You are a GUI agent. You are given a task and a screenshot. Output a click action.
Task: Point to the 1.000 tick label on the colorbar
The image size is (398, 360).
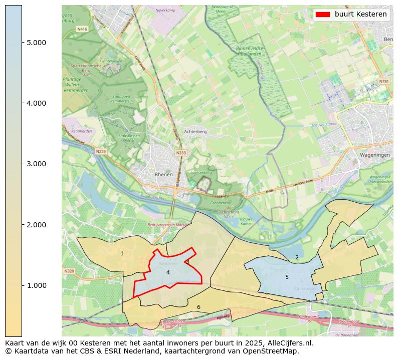(37, 285)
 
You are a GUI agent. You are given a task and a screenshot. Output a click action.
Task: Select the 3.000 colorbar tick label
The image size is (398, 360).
(37, 164)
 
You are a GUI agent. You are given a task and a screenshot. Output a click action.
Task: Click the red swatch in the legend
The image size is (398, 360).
(323, 15)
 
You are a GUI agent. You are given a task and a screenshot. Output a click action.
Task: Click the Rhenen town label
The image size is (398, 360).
(164, 174)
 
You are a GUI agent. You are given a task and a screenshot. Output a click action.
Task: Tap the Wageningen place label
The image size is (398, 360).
(375, 155)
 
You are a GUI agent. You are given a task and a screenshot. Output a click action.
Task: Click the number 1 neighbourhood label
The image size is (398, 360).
(122, 254)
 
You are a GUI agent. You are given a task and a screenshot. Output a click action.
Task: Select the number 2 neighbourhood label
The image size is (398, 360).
(297, 257)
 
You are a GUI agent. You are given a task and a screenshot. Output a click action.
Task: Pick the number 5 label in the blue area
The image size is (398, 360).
(287, 277)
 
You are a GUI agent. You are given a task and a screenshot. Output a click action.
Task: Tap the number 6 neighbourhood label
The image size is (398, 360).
(198, 307)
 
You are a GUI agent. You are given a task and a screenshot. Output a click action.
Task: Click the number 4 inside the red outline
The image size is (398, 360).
(168, 272)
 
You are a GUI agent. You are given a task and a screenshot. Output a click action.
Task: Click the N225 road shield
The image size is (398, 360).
(101, 151)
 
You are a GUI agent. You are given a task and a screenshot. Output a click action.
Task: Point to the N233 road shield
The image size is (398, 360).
(180, 153)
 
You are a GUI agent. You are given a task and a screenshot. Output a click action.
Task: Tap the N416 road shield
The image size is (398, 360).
(82, 30)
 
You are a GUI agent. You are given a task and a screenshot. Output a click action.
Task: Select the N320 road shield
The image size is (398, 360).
(69, 271)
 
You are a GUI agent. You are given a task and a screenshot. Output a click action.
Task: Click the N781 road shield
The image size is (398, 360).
(383, 81)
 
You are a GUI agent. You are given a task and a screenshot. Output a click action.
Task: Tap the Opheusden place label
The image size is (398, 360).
(305, 288)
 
